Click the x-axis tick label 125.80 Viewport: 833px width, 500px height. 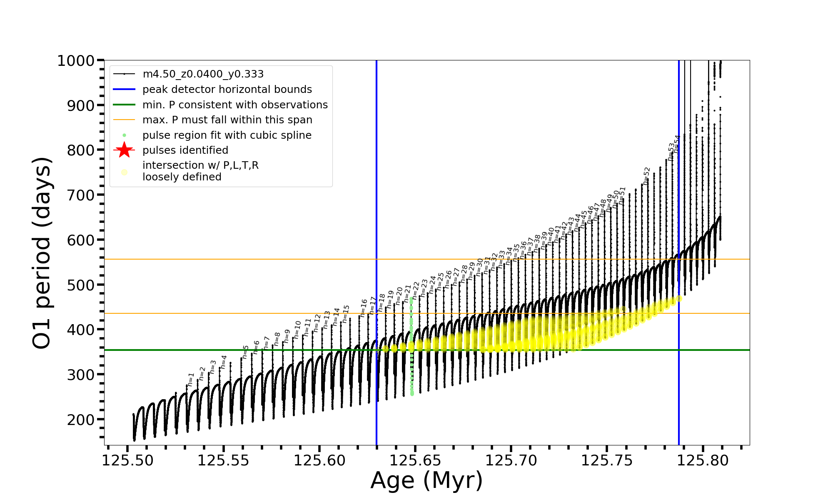[x=703, y=461]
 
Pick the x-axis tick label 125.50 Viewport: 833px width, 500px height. [x=128, y=461]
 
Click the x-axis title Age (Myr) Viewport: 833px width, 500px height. [x=426, y=480]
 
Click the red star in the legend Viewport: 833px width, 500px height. [x=124, y=150]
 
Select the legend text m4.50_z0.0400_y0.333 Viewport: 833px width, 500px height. [x=203, y=74]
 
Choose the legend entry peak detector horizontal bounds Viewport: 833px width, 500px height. [x=227, y=90]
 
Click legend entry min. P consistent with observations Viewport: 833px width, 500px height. [x=235, y=105]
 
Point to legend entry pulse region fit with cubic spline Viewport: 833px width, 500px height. [x=227, y=135]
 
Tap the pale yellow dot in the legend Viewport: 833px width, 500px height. [x=124, y=172]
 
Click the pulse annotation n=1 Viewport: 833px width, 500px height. [x=191, y=379]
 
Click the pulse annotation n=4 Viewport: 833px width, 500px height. [x=224, y=362]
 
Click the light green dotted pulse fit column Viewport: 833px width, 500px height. [x=412, y=346]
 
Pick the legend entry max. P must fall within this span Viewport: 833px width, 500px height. [x=227, y=120]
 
